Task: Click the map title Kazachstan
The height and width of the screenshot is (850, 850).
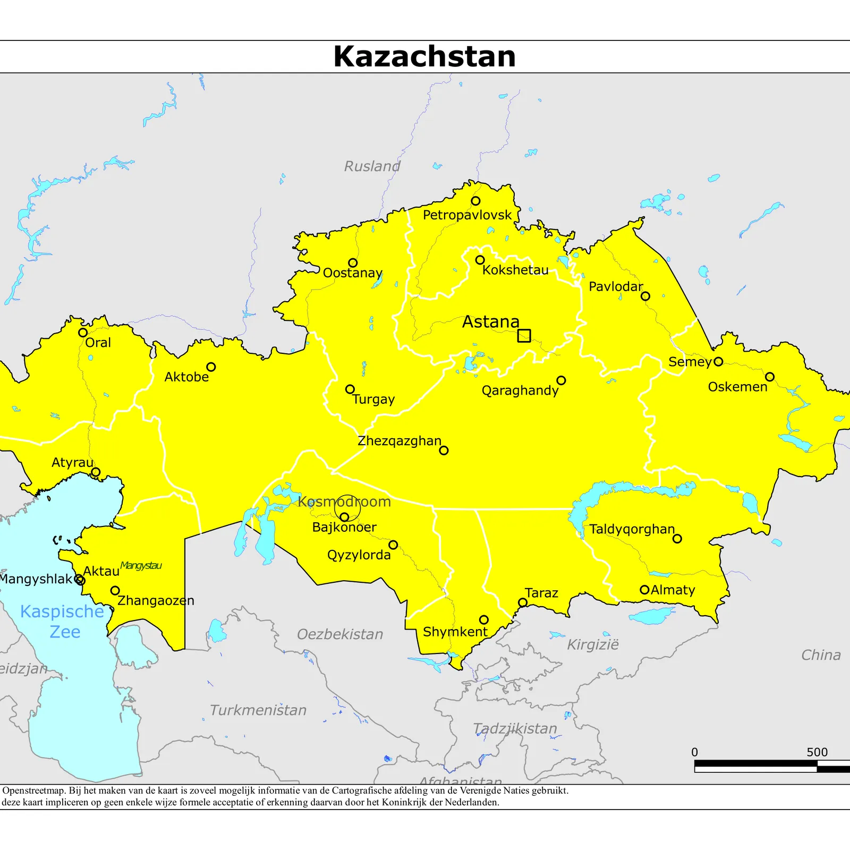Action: pyautogui.click(x=424, y=56)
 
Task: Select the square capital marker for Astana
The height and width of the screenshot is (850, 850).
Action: pyautogui.click(x=524, y=336)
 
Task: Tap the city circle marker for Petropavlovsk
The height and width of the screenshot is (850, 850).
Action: pyautogui.click(x=475, y=201)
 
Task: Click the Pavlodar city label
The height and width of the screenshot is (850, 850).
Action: pyautogui.click(x=615, y=287)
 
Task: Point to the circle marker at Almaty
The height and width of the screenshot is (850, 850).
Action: pyautogui.click(x=644, y=590)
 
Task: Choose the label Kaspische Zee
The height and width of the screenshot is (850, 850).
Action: pyautogui.click(x=63, y=621)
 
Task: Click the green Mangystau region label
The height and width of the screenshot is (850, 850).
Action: pyautogui.click(x=141, y=565)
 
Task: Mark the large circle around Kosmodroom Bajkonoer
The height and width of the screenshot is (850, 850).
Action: pyautogui.click(x=347, y=508)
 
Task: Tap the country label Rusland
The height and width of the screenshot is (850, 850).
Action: pyautogui.click(x=372, y=166)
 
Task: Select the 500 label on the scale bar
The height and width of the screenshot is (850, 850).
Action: pyautogui.click(x=817, y=752)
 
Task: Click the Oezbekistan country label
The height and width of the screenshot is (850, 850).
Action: pyautogui.click(x=340, y=634)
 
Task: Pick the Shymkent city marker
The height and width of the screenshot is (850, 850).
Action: pyautogui.click(x=483, y=619)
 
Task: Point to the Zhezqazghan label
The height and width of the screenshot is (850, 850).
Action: pyautogui.click(x=399, y=441)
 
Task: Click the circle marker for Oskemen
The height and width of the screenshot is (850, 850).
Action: pyautogui.click(x=769, y=377)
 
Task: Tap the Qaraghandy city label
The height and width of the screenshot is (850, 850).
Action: pyautogui.click(x=520, y=390)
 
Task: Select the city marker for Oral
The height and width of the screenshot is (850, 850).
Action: pyautogui.click(x=83, y=333)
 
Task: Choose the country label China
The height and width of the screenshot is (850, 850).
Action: pyautogui.click(x=821, y=655)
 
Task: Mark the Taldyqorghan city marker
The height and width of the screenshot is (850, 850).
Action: pyautogui.click(x=677, y=539)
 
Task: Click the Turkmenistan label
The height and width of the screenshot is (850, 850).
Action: pyautogui.click(x=258, y=710)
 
